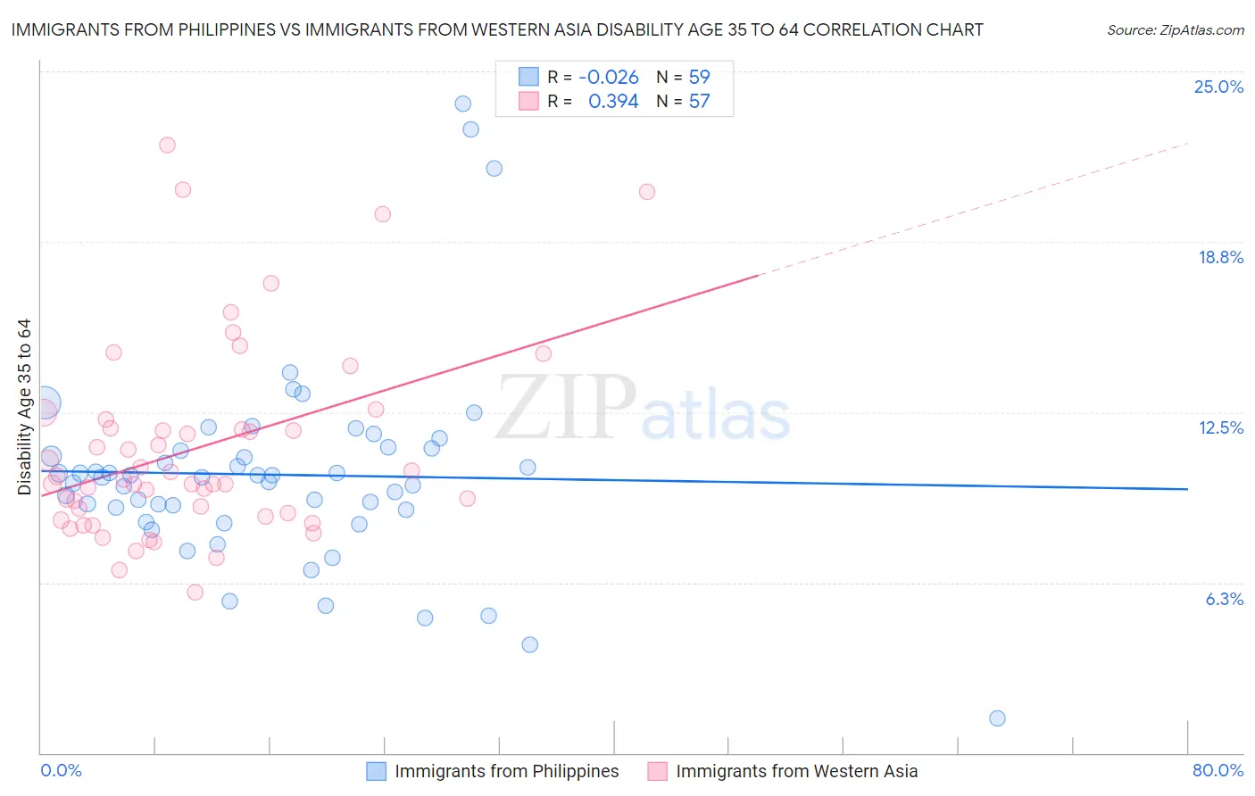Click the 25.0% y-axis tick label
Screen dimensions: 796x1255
coord(1218,87)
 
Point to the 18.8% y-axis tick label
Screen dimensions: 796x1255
coord(1220,257)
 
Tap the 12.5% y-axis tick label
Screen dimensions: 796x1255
coord(1220,427)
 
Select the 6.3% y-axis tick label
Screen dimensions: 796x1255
coord(1224,599)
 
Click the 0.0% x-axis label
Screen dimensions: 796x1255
coord(61,770)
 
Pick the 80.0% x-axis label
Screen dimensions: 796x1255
coord(1218,770)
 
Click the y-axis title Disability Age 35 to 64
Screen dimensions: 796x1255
coord(24,407)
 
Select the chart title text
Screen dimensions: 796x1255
coord(496,29)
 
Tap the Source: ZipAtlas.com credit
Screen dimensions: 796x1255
coord(1175,29)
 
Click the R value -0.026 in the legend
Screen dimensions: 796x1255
coord(609,77)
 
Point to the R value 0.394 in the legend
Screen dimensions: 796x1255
coord(613,102)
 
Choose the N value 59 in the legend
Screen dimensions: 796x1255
coord(699,77)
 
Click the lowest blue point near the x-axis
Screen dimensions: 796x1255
coord(997,718)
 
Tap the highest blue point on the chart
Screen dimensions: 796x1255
coord(462,104)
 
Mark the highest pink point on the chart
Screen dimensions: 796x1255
coord(167,145)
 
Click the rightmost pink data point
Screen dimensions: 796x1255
coord(647,192)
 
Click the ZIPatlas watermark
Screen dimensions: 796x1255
coord(643,410)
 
